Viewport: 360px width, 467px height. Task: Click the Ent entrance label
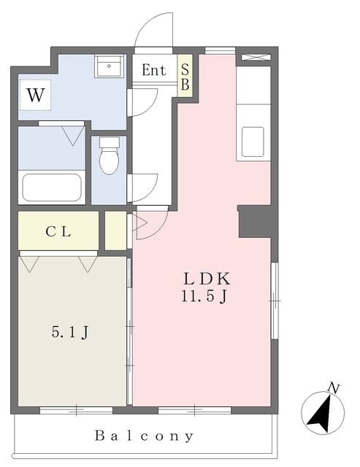pos(154,70)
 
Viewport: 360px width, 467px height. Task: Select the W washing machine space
pos(36,95)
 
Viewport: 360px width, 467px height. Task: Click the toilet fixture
pos(109,155)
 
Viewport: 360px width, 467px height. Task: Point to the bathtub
pos(52,188)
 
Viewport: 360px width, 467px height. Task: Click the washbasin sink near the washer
pos(109,66)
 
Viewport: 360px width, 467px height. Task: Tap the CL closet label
pos(58,231)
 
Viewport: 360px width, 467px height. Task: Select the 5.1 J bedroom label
pos(70,332)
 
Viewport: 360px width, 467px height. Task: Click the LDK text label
pos(207,279)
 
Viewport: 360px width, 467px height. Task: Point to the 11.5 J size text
pos(204,296)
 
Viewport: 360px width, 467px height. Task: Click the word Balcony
pos(145,436)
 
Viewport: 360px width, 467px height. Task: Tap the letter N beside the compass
pos(334,388)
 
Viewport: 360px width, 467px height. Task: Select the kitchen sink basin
pos(253,142)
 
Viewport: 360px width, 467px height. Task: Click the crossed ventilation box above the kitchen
pos(256,57)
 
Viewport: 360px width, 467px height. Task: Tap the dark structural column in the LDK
pos(255,221)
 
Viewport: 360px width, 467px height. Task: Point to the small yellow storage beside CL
pos(115,231)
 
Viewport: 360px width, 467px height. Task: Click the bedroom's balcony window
pos(76,410)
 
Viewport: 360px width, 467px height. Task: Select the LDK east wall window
pos(275,301)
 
